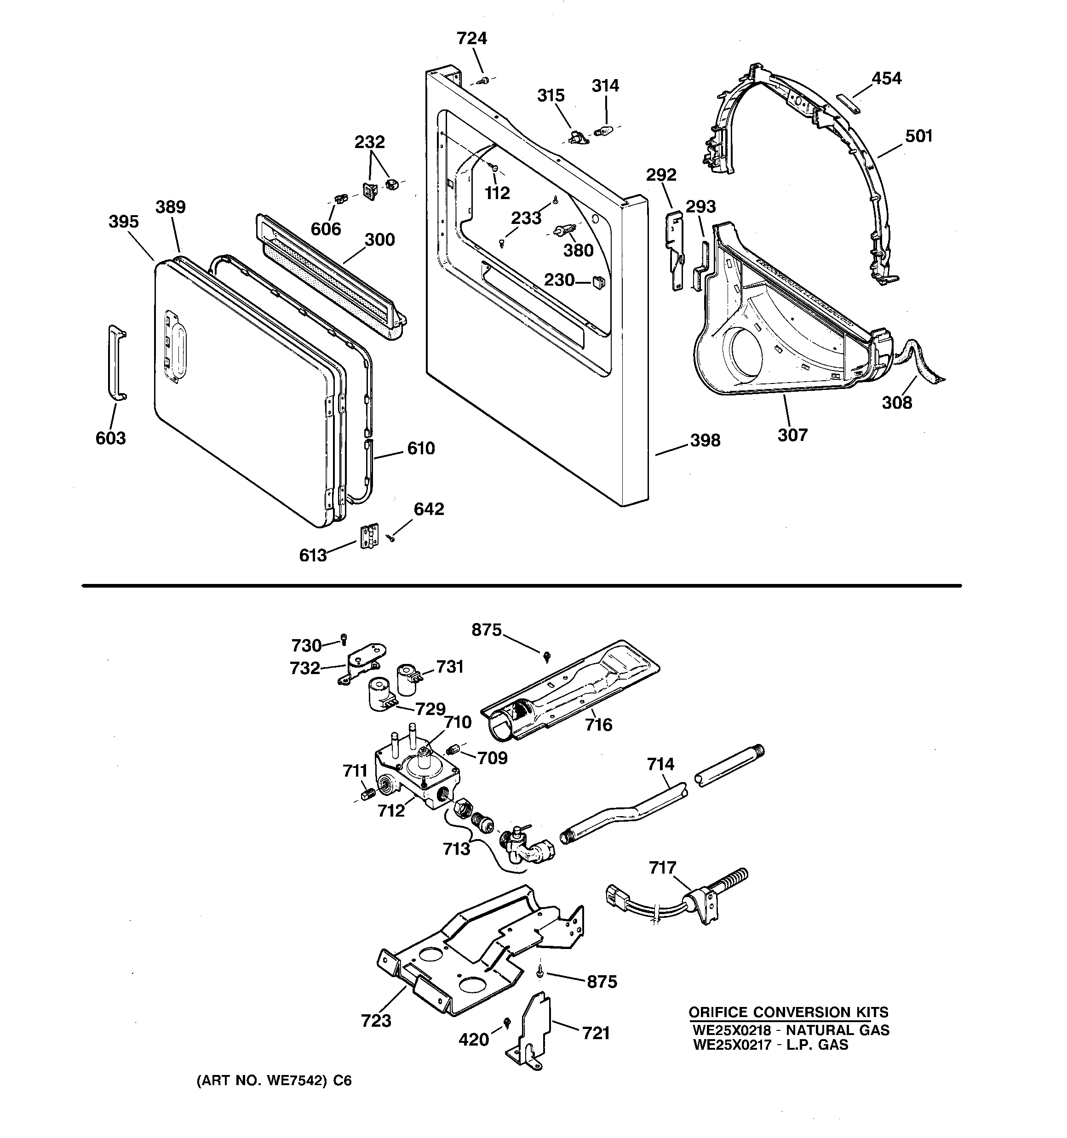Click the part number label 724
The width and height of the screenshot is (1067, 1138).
[471, 38]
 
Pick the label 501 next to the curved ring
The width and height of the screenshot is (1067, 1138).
[918, 136]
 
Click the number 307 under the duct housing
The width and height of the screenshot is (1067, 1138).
[792, 435]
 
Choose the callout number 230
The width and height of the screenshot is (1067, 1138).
[559, 280]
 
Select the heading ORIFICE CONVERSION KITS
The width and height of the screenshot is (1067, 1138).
[788, 1012]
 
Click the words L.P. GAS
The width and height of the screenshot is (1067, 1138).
[817, 1045]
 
